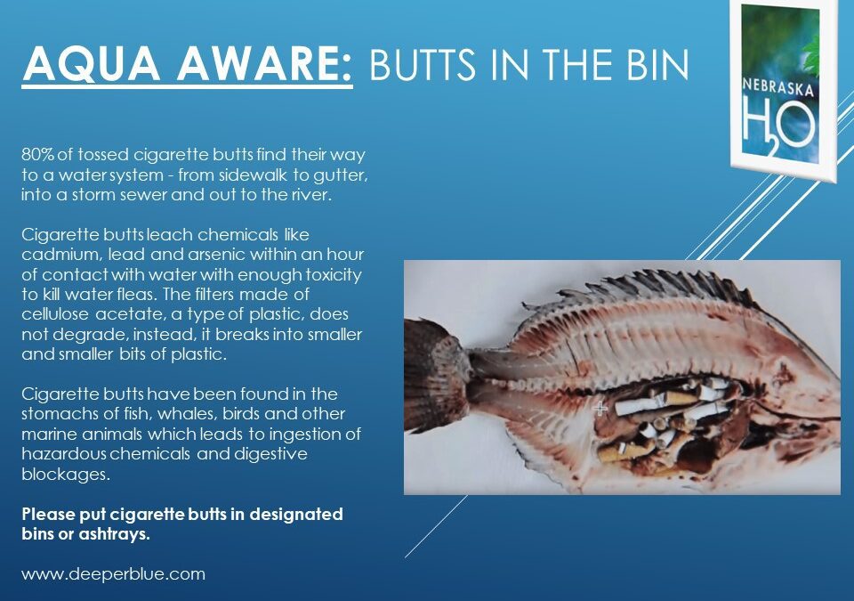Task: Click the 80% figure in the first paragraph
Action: point(36,155)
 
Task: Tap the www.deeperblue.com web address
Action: point(113,574)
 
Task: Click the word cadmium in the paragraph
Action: point(54,256)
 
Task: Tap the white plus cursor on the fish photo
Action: point(600,409)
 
